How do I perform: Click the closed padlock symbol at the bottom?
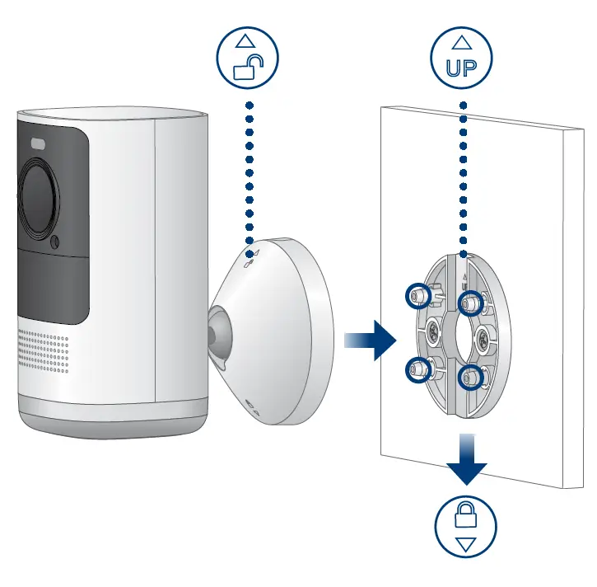466,518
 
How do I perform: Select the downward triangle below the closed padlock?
466,545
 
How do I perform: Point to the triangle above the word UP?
462,40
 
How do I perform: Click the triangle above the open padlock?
247,40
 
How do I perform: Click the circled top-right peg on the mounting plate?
470,304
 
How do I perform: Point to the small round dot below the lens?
54,243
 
